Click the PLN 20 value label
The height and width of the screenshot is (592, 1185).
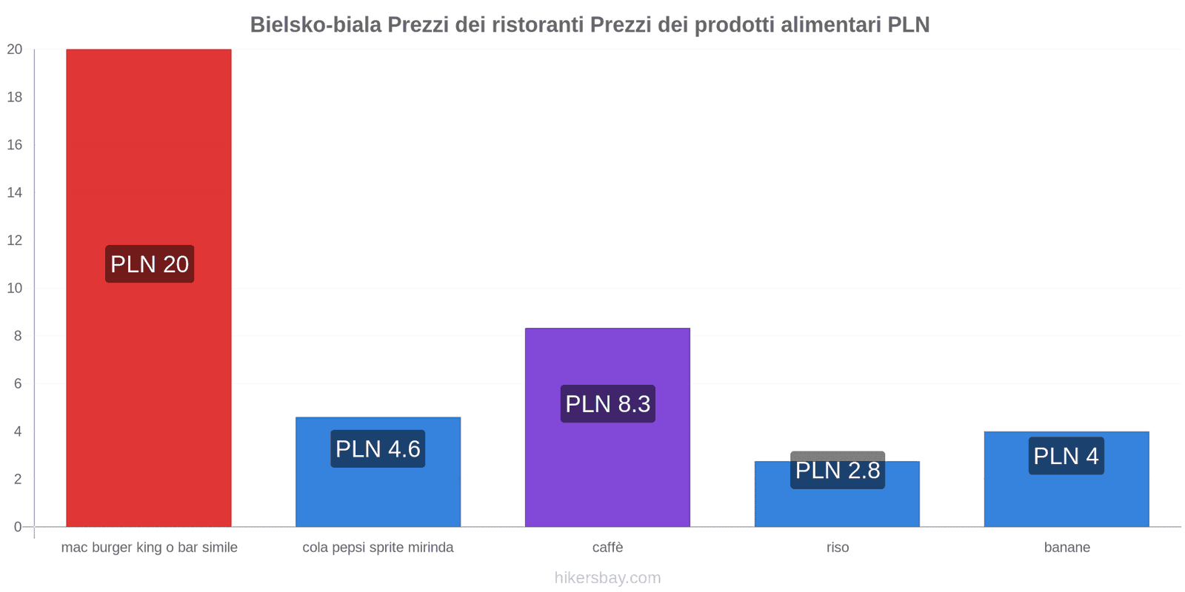tap(150, 264)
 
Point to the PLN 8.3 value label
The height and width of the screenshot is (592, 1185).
tap(607, 404)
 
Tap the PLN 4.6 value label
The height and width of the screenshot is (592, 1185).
tap(378, 449)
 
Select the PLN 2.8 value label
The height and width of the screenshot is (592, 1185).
tap(838, 471)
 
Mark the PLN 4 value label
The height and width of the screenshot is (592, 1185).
tap(1066, 456)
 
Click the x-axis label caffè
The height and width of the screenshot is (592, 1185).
tap(607, 548)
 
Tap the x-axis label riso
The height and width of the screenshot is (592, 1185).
tap(838, 548)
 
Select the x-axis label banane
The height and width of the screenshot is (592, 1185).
tap(1066, 548)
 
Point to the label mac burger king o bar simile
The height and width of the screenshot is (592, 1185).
tap(150, 548)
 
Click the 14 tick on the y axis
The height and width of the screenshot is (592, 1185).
tap(15, 192)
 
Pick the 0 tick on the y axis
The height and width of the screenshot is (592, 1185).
tap(18, 527)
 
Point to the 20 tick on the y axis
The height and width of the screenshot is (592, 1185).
tap(15, 50)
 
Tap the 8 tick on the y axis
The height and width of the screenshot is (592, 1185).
tap(18, 336)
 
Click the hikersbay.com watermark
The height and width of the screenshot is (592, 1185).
tap(607, 578)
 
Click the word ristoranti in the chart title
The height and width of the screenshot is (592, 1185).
tap(538, 24)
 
